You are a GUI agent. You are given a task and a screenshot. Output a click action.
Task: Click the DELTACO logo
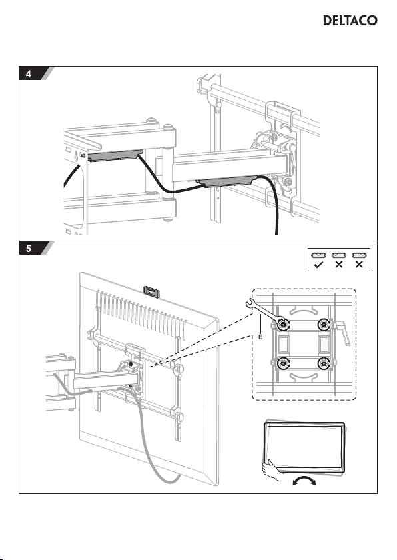coord(350,21)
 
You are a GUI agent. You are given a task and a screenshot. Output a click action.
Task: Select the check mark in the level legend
coord(318,265)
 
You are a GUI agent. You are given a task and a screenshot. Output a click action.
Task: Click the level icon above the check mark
coord(318,255)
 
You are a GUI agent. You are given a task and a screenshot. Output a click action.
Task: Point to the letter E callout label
coord(260,337)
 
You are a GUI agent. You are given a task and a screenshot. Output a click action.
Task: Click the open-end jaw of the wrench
coord(250,303)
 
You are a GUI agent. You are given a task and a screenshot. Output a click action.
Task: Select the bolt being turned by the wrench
coord(283,325)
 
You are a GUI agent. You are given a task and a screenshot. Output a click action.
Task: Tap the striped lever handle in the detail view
coord(344,333)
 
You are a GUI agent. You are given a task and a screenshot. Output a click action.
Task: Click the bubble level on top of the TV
coord(151,291)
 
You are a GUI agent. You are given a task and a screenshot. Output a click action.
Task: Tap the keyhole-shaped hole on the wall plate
coord(76,156)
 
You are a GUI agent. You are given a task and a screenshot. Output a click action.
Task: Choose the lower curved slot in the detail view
coord(303,377)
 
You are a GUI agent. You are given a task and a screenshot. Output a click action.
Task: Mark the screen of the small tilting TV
coord(303,446)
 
